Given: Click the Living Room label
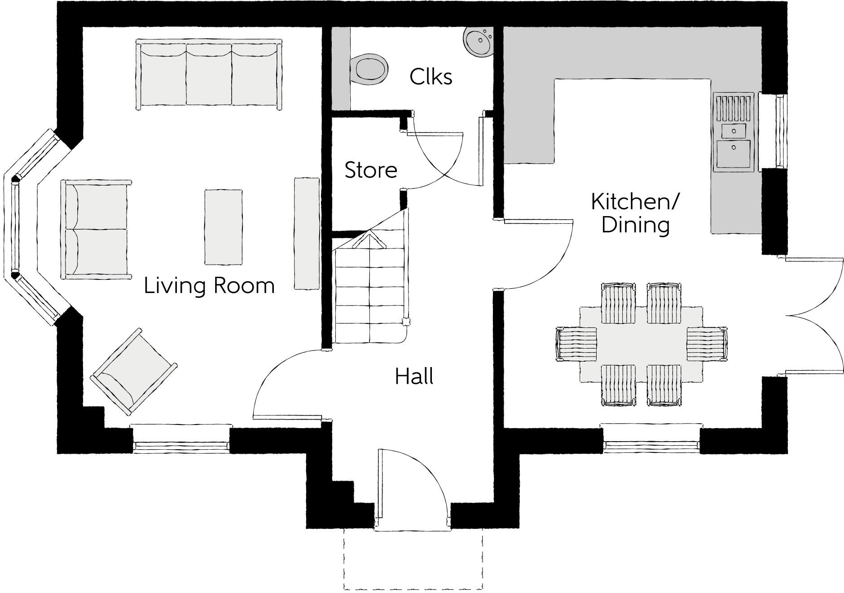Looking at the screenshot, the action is coord(209,286).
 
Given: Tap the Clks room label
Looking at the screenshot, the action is coord(431,77).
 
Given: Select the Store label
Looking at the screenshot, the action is coord(371,170).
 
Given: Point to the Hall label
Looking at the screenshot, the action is coord(414,376).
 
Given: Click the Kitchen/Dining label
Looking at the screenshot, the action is coord(635,213).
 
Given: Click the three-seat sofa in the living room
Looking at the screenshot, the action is coord(209,74).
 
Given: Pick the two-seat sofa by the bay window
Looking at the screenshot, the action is coord(96,229).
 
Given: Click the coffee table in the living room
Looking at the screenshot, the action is coord(224,227).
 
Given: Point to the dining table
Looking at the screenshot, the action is coord(641,344).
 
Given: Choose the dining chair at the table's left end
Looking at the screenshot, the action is coord(576,344).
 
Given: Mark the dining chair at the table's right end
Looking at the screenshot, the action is coord(707,344).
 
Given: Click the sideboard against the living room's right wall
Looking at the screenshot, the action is coord(307,233).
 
